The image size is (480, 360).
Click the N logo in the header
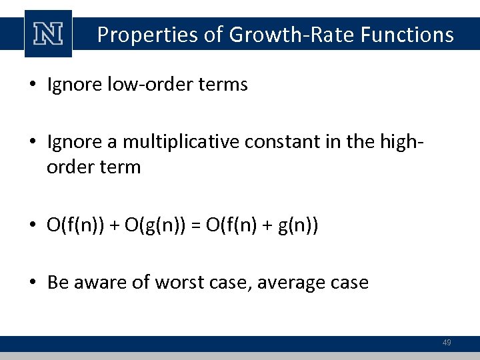[48, 34]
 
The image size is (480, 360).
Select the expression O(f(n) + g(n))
[261, 225]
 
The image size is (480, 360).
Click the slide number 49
[447, 343]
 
